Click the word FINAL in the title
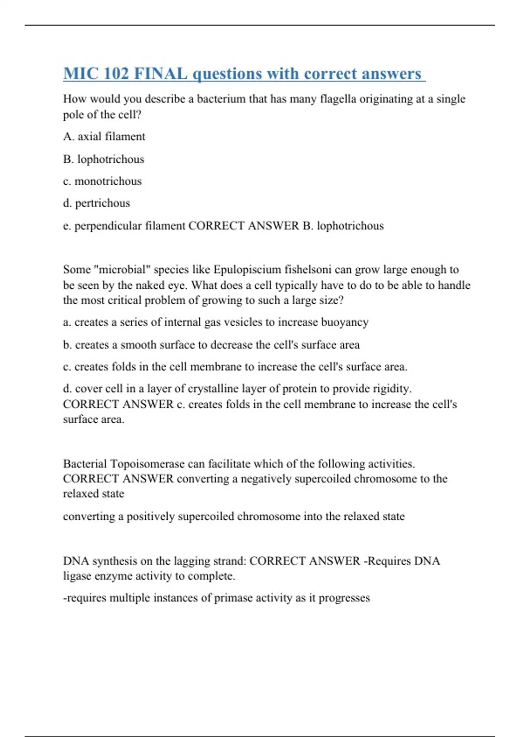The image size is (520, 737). coord(161,74)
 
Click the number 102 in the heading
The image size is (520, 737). coord(117,74)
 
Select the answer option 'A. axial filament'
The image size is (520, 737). coord(104,137)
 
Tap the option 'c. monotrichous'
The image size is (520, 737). coord(102,181)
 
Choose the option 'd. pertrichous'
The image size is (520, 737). coord(96,203)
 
